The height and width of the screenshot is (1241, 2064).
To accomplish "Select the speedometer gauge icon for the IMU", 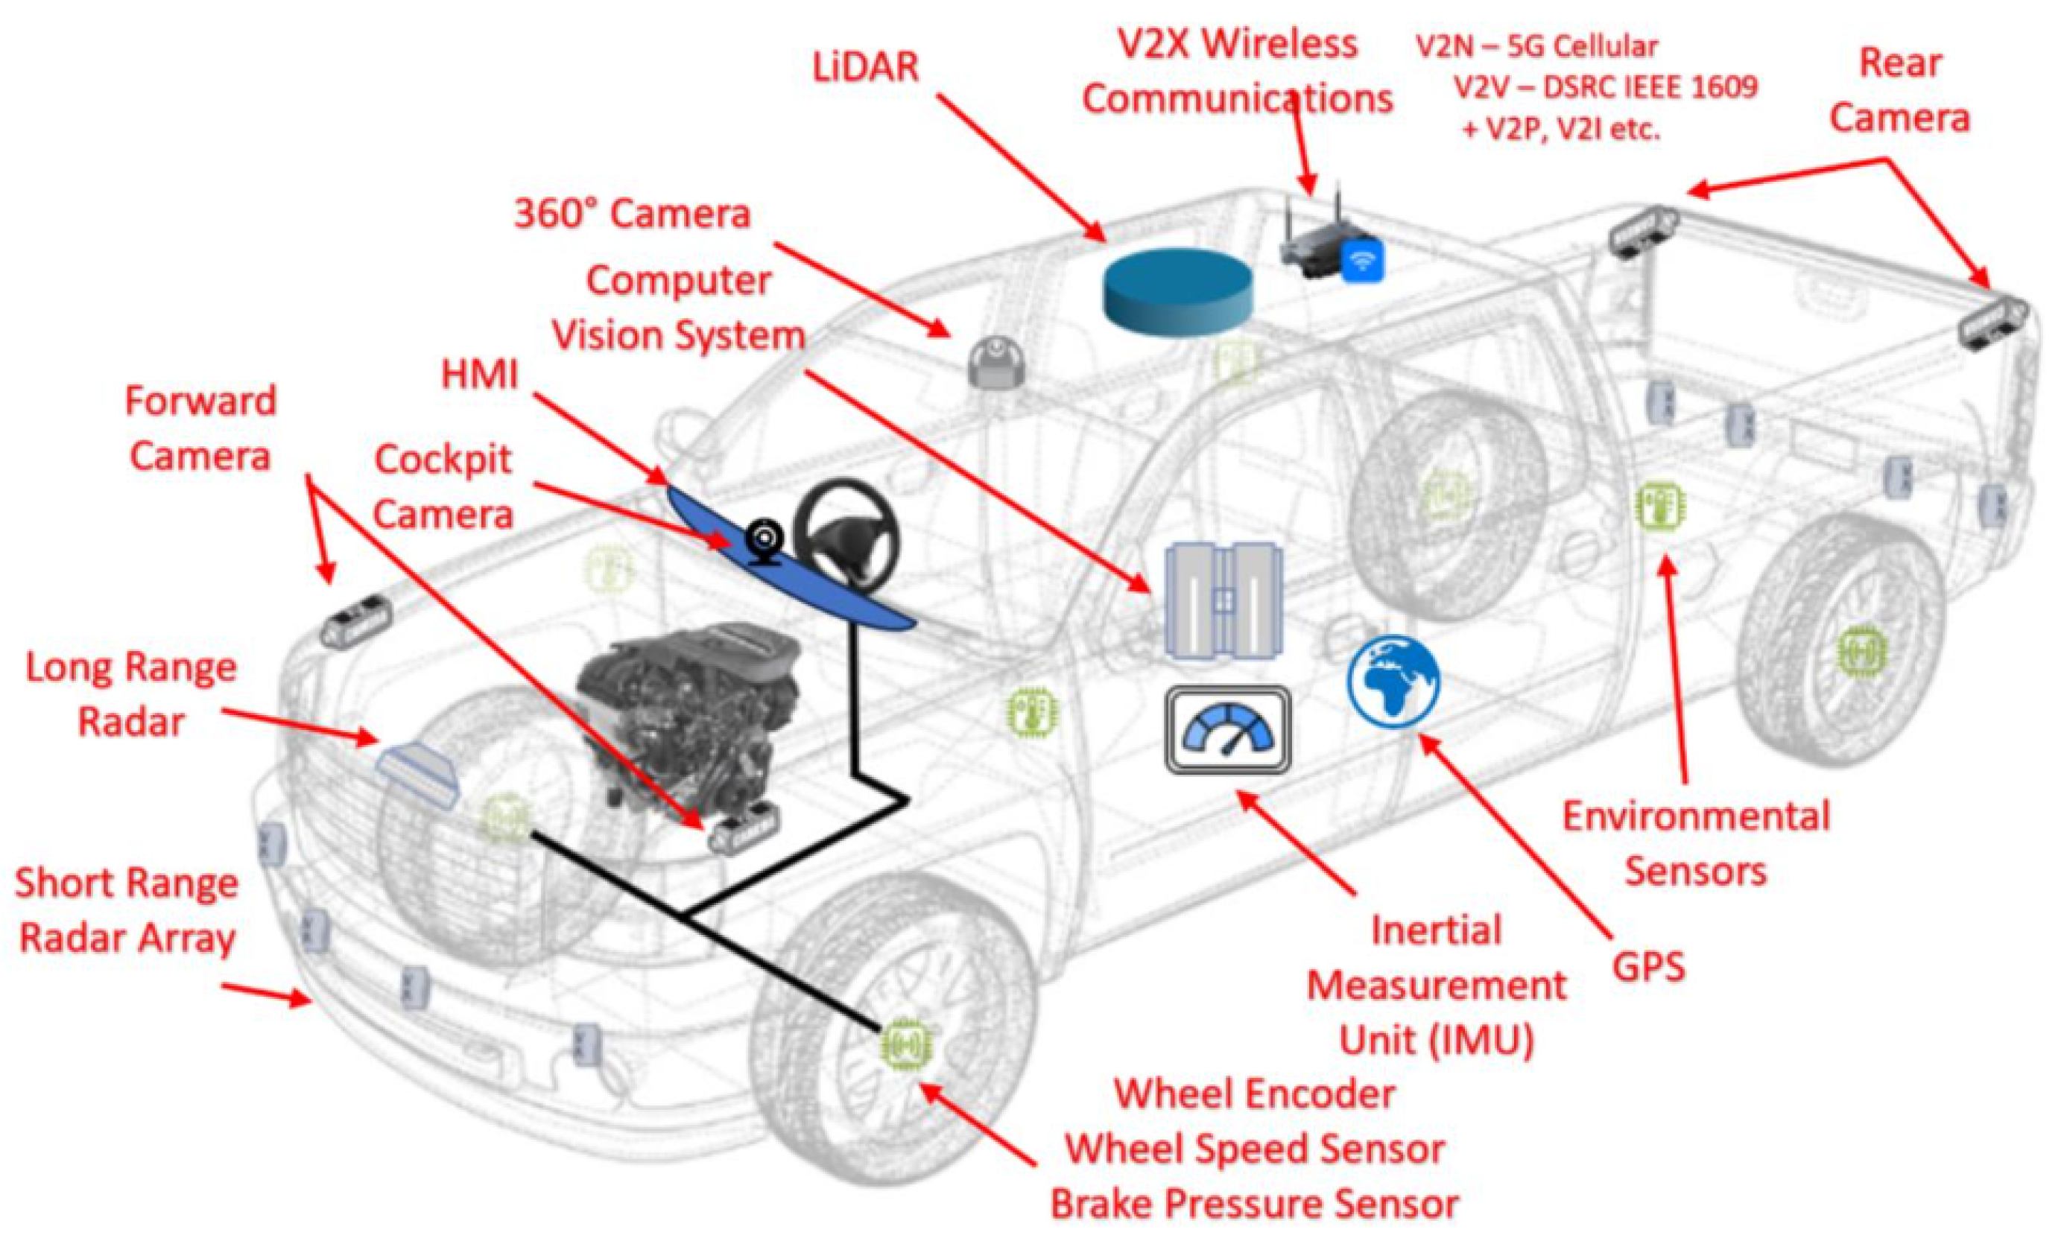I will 1228,730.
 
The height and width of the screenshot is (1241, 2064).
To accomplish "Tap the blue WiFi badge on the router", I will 1362,260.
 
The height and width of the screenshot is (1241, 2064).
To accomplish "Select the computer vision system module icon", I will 1223,600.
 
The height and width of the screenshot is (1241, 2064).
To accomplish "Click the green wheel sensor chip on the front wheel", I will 907,1044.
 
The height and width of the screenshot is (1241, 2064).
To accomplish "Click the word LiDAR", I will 866,67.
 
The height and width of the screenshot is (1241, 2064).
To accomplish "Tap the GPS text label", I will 1648,967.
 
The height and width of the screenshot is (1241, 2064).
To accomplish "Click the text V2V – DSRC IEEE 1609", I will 1606,87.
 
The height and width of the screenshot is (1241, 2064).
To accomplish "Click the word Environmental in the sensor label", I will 1696,816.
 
